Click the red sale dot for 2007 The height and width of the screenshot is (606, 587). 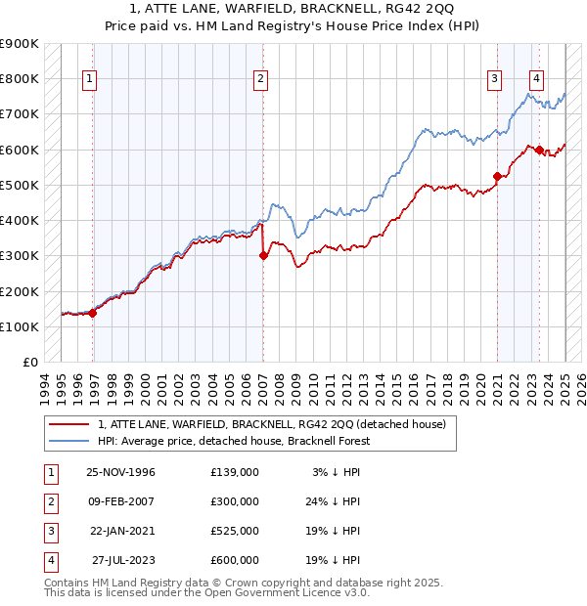(263, 256)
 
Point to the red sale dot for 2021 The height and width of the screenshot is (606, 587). (497, 176)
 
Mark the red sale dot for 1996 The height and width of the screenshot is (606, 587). (93, 313)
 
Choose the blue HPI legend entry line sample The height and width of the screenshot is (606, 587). (69, 441)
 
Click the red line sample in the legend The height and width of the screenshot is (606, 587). (69, 424)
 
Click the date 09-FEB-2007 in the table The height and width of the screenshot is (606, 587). (121, 500)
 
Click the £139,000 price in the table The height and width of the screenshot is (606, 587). (235, 471)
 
